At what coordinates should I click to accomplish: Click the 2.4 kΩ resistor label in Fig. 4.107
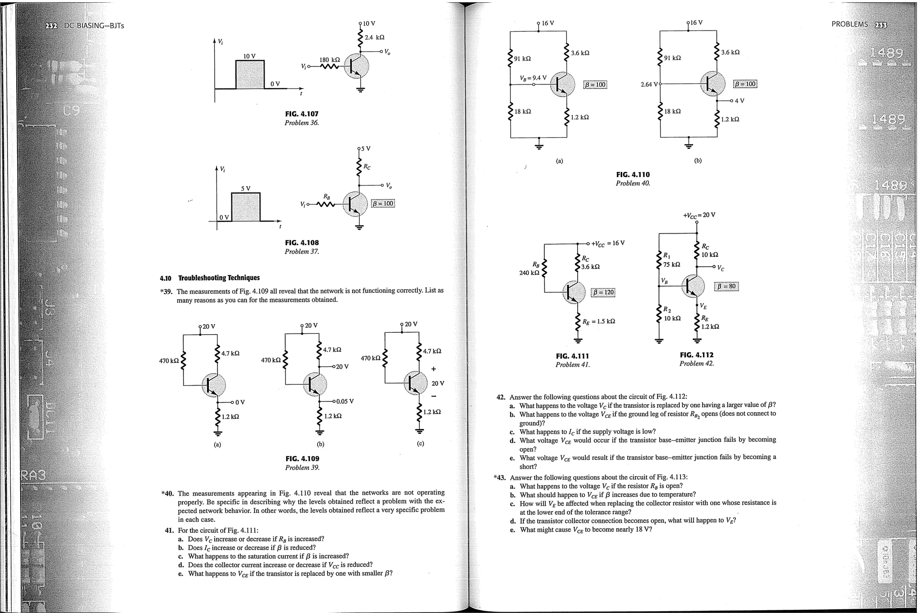coord(374,37)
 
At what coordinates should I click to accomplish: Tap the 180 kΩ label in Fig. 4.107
coord(329,60)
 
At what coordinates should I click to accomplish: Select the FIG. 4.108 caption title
coord(301,243)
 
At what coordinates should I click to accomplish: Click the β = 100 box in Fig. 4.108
coord(383,203)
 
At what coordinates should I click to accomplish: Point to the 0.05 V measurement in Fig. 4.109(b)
coord(345,401)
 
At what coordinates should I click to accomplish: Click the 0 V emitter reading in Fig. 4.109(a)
coord(240,402)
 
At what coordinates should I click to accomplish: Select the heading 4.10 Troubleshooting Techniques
coord(210,278)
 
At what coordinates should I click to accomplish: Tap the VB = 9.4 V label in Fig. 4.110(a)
coord(533,78)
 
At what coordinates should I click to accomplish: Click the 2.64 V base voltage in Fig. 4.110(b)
coord(649,84)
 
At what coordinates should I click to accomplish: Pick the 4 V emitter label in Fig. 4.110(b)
coord(739,101)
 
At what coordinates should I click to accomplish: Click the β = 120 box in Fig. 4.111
coord(603,292)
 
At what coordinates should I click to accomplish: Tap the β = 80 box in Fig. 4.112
coord(726,286)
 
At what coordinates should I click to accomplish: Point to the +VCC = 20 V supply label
coord(699,215)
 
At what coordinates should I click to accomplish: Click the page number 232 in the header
coord(51,26)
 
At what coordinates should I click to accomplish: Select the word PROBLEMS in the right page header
coord(849,24)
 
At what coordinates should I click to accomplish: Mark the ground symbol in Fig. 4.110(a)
coord(539,145)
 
